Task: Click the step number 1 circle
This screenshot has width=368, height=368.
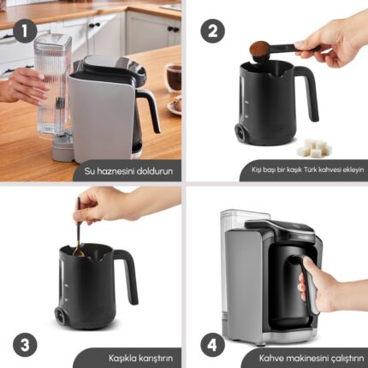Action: coord(25,31)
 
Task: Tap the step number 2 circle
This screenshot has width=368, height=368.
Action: coord(212,31)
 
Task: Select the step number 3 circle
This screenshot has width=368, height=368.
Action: coord(25,345)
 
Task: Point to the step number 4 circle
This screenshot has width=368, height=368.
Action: coord(212,346)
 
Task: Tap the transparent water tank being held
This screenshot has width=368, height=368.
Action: coord(53,86)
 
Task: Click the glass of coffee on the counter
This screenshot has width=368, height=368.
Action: coord(173,78)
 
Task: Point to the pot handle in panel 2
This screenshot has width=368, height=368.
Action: coord(307,92)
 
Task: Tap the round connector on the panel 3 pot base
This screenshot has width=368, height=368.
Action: coord(61,316)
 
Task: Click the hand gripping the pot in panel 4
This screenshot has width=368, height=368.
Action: coord(319,284)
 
